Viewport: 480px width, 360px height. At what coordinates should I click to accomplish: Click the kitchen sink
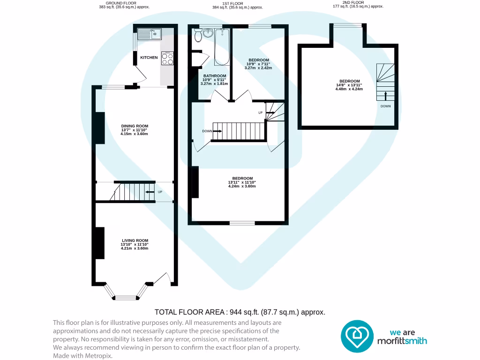pyautogui.click(x=150, y=34)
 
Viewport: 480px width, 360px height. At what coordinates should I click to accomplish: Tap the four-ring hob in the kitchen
pyautogui.click(x=167, y=58)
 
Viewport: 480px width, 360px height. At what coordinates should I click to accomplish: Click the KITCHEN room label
pyautogui.click(x=149, y=58)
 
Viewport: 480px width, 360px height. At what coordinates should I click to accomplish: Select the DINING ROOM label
pyautogui.click(x=135, y=126)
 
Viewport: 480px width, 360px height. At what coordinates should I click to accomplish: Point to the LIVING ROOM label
pyautogui.click(x=135, y=240)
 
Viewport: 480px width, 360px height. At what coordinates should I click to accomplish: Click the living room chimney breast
pyautogui.click(x=99, y=243)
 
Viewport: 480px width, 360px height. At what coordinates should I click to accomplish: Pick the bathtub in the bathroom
pyautogui.click(x=221, y=47)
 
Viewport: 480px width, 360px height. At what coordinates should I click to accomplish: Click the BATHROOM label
pyautogui.click(x=215, y=76)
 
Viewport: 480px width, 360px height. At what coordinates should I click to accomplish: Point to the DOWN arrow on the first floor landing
pyautogui.click(x=217, y=131)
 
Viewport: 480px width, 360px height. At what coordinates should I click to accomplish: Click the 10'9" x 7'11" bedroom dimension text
pyautogui.click(x=258, y=64)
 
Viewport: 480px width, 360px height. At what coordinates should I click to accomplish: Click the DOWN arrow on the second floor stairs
pyautogui.click(x=386, y=96)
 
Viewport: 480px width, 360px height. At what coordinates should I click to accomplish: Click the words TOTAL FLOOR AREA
pyautogui.click(x=190, y=312)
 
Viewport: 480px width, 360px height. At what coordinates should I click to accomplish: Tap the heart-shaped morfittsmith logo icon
pyautogui.click(x=357, y=336)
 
